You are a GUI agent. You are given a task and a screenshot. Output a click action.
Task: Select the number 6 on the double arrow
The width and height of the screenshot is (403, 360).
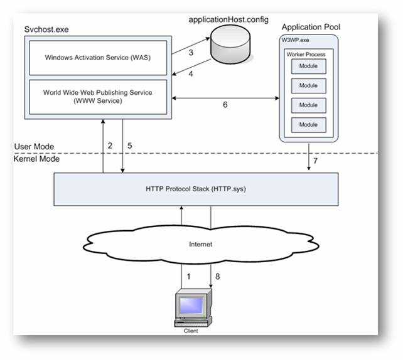click(225, 105)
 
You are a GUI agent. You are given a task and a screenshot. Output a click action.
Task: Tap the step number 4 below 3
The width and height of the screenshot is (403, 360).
click(191, 74)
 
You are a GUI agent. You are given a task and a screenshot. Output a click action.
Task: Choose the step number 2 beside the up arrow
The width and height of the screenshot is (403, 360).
click(110, 146)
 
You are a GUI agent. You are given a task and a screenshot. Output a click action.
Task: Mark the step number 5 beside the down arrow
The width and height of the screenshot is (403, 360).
click(129, 146)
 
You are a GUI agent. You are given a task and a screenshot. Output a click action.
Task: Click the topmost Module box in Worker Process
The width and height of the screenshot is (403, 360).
click(308, 67)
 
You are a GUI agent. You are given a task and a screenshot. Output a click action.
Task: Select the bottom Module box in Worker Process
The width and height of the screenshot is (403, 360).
click(308, 124)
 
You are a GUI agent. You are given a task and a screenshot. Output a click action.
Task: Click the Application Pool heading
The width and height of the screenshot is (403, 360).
click(307, 27)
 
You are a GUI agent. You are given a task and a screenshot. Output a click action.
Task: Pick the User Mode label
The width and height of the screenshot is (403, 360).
click(34, 147)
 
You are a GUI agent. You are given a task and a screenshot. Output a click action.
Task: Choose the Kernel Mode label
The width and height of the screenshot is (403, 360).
click(36, 160)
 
